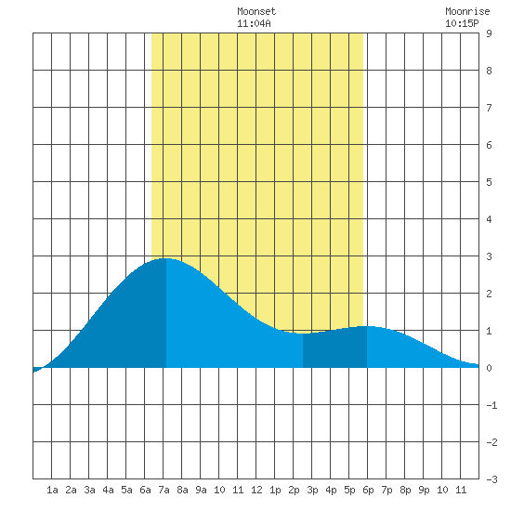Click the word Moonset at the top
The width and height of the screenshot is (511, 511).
(x=256, y=11)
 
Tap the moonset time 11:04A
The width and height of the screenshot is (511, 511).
(x=254, y=23)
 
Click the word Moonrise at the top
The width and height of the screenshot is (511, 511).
(x=467, y=11)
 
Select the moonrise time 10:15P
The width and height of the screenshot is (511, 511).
(x=462, y=23)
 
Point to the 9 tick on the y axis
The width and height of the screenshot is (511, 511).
(x=489, y=33)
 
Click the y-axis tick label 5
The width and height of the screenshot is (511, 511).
(x=489, y=182)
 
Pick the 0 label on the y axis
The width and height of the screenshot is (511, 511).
(x=489, y=368)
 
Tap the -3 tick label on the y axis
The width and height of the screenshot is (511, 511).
(x=491, y=479)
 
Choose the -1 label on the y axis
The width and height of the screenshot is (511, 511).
(x=491, y=405)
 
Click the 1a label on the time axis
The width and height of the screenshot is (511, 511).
(x=52, y=490)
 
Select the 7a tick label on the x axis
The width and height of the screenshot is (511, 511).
(x=164, y=490)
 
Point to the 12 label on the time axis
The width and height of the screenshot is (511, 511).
(x=256, y=490)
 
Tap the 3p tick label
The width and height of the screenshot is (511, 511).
(x=312, y=490)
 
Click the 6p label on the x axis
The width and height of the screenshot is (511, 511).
(x=368, y=490)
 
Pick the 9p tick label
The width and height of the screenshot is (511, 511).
(x=424, y=490)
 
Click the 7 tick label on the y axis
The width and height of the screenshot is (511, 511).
(x=489, y=108)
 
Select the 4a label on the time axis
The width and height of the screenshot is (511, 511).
(x=108, y=490)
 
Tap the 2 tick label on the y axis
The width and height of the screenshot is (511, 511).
(x=489, y=294)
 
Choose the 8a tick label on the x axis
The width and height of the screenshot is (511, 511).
(x=182, y=490)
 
